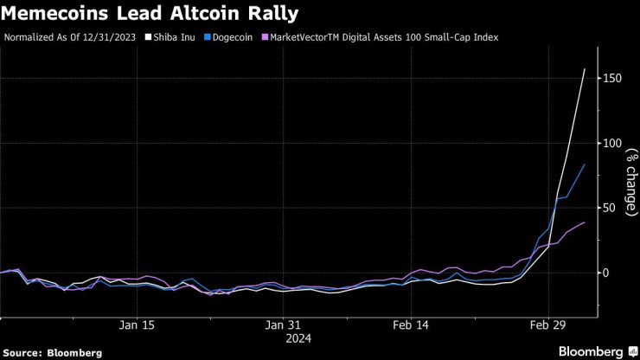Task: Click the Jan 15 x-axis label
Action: click(138, 325)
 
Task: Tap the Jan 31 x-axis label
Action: click(285, 325)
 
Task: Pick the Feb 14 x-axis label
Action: click(409, 325)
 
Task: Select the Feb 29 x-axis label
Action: click(547, 325)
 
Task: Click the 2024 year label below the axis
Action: click(285, 338)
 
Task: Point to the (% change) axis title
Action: click(630, 180)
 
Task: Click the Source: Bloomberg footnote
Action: click(53, 352)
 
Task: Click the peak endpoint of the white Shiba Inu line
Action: click(586, 69)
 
